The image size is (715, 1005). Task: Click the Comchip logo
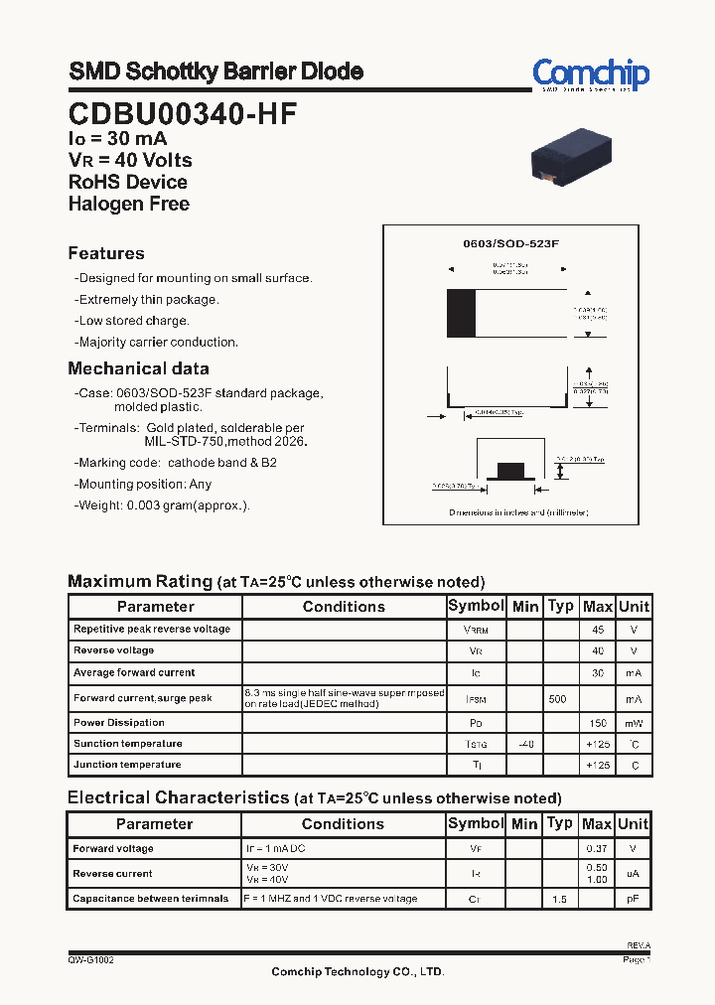point(590,74)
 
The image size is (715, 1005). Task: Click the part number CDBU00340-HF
point(182,113)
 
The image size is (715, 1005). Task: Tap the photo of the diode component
point(571,155)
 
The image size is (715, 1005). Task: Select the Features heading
point(106,253)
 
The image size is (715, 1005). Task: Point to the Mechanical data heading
point(138,368)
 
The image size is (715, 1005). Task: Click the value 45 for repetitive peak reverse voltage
point(597,630)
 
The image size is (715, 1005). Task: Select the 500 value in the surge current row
point(558,699)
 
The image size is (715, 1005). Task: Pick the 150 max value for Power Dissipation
point(597,723)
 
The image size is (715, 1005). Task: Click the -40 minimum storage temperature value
point(525,744)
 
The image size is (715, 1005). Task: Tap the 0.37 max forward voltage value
point(597,849)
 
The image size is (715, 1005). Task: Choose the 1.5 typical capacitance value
point(559,899)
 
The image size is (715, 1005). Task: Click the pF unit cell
point(633,899)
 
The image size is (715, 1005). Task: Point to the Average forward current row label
point(134,673)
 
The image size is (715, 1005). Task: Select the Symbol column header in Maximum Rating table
point(476,606)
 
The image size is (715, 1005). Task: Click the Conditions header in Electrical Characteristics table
point(343,824)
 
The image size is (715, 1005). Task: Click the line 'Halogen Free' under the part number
point(128,204)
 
